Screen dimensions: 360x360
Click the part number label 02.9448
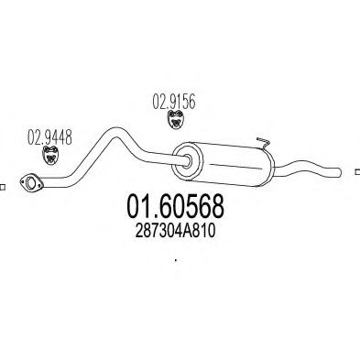[x=49, y=137]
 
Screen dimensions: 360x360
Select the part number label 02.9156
[x=174, y=102]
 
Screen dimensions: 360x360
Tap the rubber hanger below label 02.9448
[x=50, y=156]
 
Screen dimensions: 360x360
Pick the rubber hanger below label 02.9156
[x=176, y=120]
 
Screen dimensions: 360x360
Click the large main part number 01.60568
[x=175, y=207]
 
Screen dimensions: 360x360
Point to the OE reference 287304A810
[x=175, y=231]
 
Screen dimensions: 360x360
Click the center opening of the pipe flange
[x=30, y=183]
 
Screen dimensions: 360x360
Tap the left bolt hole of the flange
[x=22, y=182]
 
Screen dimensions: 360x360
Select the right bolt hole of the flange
[x=39, y=185]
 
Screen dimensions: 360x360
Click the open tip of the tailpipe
[x=340, y=172]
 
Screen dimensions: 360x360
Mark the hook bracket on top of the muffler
[x=263, y=142]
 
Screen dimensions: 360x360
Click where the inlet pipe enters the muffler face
[x=188, y=161]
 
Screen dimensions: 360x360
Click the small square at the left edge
[x=2, y=187]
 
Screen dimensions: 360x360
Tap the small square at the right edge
[x=357, y=172]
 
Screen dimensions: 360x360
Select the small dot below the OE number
[x=176, y=260]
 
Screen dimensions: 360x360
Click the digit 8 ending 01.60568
[x=216, y=207]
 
